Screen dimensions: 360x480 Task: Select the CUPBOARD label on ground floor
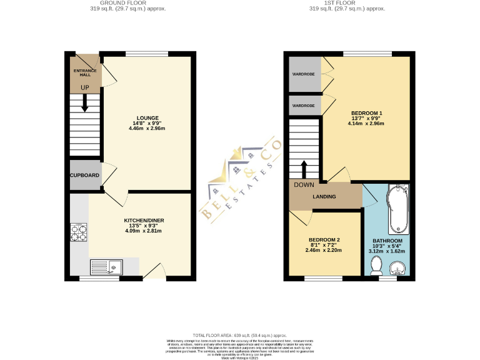[84, 176]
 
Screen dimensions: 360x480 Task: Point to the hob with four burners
[79, 232]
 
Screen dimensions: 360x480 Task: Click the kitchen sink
[107, 267]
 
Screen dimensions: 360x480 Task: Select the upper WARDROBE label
[304, 74]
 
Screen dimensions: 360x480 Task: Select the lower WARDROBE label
[304, 106]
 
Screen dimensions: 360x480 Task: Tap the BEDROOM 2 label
[324, 241]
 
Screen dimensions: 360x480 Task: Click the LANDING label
[324, 197]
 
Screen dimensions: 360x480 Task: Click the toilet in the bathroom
[376, 267]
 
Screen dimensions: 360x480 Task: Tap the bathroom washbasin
[399, 269]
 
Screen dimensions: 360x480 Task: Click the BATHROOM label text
[387, 241]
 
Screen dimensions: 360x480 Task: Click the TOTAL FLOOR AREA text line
[240, 336]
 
